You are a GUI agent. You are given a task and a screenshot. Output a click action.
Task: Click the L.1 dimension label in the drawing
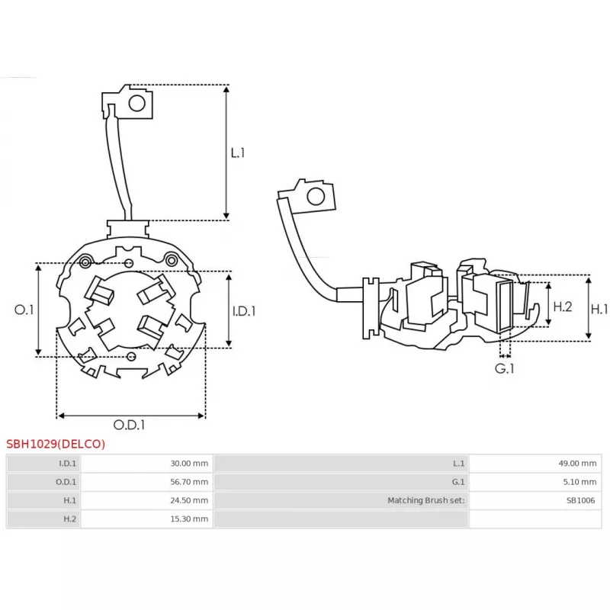tap(238, 152)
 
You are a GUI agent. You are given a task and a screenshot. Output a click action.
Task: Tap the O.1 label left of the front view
tap(24, 310)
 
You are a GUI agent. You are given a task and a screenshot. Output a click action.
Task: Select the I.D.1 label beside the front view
tap(243, 311)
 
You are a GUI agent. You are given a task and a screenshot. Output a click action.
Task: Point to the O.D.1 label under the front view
tap(129, 425)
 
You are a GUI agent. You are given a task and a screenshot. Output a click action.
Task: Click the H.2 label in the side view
tap(562, 307)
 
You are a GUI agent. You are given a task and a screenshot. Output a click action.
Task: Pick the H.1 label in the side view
tap(599, 310)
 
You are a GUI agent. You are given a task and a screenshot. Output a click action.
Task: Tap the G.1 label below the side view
tap(504, 369)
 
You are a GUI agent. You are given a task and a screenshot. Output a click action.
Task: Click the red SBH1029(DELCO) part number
tap(56, 444)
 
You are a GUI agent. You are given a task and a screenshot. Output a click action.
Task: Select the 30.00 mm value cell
tap(189, 463)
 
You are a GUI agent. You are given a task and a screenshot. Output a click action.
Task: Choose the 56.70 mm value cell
tap(189, 482)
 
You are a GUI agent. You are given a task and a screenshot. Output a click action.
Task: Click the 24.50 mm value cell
tap(189, 500)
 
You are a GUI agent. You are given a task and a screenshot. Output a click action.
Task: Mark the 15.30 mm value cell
tap(189, 519)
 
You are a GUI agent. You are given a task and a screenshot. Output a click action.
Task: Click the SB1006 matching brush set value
tap(580, 500)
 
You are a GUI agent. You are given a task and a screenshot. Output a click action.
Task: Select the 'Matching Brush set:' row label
tap(425, 500)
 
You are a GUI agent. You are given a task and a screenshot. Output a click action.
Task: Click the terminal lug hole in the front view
tap(138, 103)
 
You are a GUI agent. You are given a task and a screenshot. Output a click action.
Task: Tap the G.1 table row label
tap(457, 482)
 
